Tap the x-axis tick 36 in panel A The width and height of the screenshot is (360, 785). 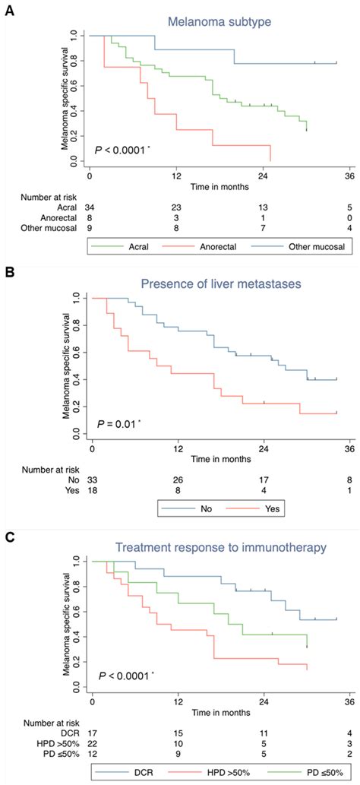tap(349, 176)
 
